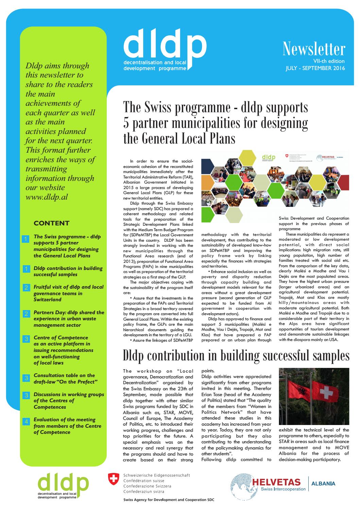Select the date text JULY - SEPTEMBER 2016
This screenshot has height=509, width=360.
[x=315, y=68]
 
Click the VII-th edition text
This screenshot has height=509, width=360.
[x=329, y=61]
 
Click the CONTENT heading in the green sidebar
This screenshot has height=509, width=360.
[x=51, y=223]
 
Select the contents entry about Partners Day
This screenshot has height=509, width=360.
[x=69, y=319]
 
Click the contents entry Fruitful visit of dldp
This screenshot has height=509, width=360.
[x=68, y=293]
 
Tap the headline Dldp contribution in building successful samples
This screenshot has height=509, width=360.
[x=236, y=356]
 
